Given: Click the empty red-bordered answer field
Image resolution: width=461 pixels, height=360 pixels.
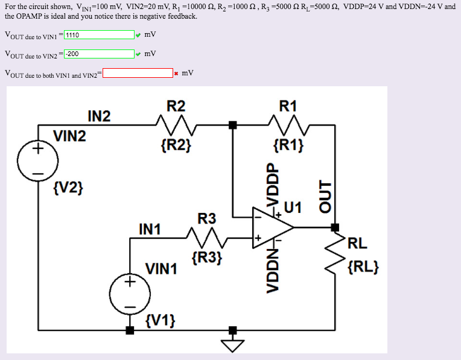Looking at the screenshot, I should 138,74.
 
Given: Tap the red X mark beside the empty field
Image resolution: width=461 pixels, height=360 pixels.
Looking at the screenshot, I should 176,74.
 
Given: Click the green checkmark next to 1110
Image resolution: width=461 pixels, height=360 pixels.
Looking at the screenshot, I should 138,35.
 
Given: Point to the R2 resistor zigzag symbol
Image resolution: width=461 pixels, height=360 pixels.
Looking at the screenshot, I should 176,126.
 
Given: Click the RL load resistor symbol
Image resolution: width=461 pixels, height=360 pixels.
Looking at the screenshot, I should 335,253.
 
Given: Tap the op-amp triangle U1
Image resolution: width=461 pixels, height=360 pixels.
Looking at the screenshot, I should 273,228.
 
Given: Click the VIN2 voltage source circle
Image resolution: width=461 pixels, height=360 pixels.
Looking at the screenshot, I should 37,160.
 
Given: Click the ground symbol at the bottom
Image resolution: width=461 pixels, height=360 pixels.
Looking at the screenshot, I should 233,344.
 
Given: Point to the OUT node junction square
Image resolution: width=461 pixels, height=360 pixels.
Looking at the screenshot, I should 335,227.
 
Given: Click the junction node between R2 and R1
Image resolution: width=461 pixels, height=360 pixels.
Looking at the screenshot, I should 233,125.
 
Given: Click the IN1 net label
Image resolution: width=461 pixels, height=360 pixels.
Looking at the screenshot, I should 150,229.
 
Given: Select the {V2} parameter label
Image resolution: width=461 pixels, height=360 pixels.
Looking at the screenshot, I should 68,188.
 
